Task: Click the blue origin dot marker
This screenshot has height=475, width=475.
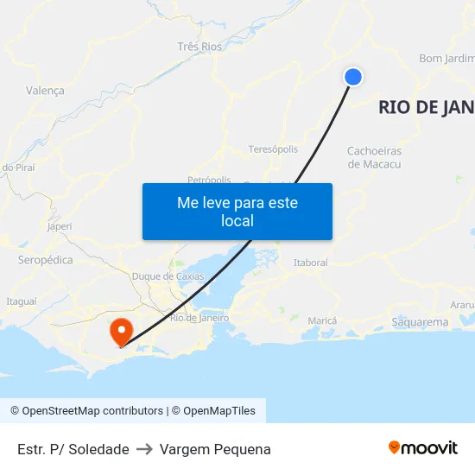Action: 352,77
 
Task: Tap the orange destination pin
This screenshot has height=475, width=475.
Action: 120,331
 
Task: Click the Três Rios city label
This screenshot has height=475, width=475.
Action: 199,46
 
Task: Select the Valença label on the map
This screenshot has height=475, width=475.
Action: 45,90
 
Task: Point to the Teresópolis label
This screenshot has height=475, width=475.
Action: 273,149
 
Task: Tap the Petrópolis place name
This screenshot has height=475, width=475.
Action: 209,180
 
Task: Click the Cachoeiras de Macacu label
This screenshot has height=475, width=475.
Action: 374,157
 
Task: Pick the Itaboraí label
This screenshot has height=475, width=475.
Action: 311,262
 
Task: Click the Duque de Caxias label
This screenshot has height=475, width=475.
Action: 168,276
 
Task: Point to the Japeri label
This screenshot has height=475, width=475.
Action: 60,226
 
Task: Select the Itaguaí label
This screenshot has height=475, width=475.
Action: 22,301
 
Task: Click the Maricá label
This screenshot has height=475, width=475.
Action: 322,320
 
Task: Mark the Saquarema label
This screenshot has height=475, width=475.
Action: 420,322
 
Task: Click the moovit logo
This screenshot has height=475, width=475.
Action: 422,448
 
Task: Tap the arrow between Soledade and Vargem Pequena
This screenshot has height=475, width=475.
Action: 144,449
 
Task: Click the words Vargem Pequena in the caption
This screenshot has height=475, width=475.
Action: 215,449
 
